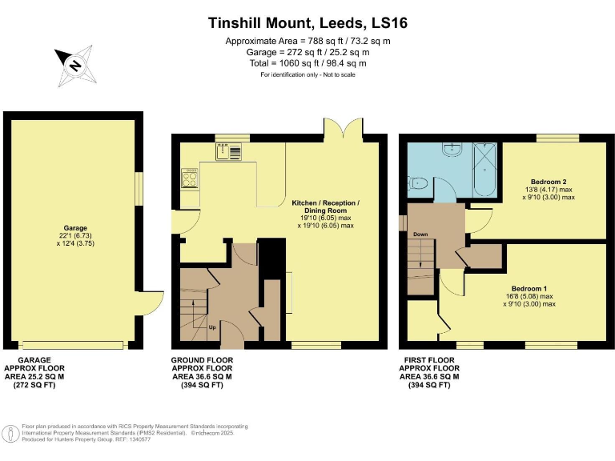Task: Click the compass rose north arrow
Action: pyautogui.click(x=75, y=66)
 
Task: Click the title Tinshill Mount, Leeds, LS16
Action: pyautogui.click(x=307, y=23)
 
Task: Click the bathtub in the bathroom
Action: pyautogui.click(x=484, y=169)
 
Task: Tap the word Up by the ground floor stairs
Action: pyautogui.click(x=211, y=327)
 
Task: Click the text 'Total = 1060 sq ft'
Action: pyautogui.click(x=307, y=62)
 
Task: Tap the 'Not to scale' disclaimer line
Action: pyautogui.click(x=307, y=74)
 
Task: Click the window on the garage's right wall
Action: pyautogui.click(x=139, y=190)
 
